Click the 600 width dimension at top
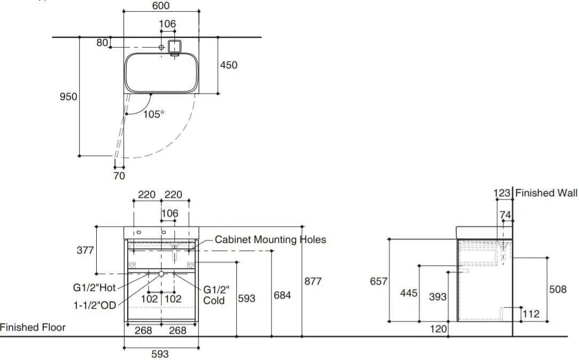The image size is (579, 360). click(160, 6)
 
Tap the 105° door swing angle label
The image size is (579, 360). click(153, 114)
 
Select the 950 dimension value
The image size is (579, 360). click(68, 97)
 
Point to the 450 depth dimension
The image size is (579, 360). click(229, 65)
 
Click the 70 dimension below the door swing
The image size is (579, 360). click(119, 175)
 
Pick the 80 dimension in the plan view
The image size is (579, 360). click(102, 43)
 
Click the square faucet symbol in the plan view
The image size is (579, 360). click(174, 46)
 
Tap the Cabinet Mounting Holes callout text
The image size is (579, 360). click(270, 240)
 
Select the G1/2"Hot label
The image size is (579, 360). click(95, 288)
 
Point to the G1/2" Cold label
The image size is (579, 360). click(216, 295)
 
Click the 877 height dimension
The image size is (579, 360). click(313, 281)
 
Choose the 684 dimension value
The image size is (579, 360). click(282, 295)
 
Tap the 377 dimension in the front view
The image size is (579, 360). click(86, 250)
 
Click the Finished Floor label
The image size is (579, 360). click(33, 327)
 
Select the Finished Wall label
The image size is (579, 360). click(546, 193)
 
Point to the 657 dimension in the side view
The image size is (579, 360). click(379, 281)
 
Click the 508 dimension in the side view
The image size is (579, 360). click(558, 289)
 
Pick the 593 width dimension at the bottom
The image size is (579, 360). click(160, 354)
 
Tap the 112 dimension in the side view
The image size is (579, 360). click(531, 314)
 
